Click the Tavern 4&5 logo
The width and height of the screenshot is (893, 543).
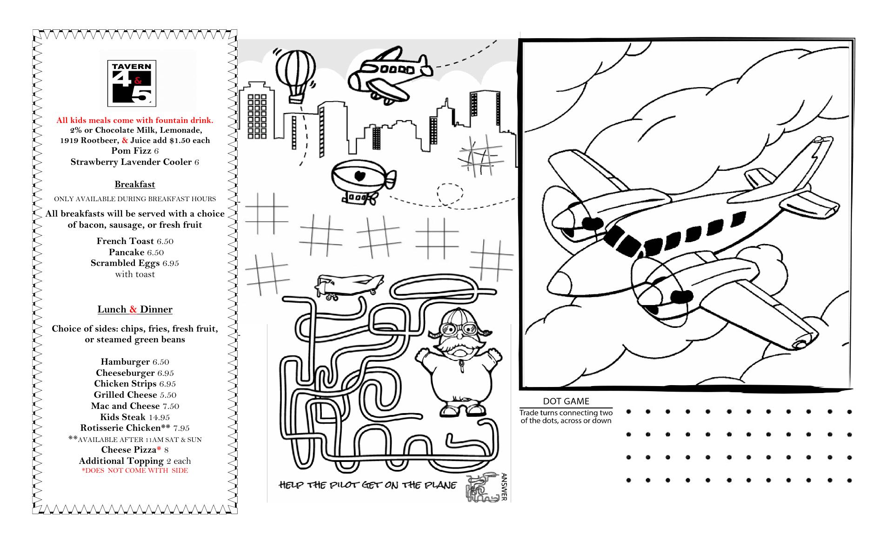pyautogui.click(x=132, y=83)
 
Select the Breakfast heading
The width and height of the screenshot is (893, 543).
pyautogui.click(x=135, y=184)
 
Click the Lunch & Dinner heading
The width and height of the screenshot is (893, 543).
pyautogui.click(x=135, y=309)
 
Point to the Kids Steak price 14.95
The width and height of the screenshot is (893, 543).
pyautogui.click(x=159, y=417)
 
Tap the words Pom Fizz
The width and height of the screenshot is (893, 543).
pyautogui.click(x=131, y=151)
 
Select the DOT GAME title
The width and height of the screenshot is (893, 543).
pyautogui.click(x=566, y=401)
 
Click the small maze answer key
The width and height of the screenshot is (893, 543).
pyautogui.click(x=483, y=489)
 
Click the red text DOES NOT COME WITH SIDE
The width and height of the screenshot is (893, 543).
pyautogui.click(x=135, y=471)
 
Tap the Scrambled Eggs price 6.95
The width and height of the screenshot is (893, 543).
pyautogui.click(x=171, y=264)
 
